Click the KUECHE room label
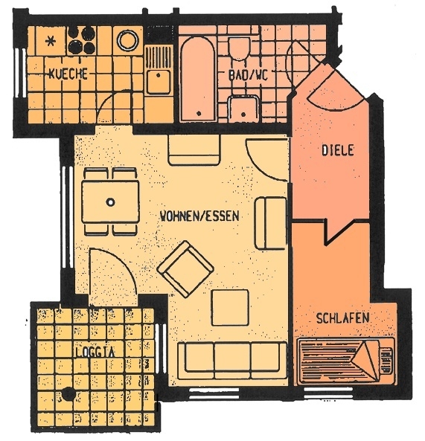point(68,74)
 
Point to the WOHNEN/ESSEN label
point(199,216)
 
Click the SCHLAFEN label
point(343,318)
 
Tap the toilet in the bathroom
point(240,52)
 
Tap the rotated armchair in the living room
point(188,268)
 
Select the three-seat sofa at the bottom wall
point(231,358)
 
